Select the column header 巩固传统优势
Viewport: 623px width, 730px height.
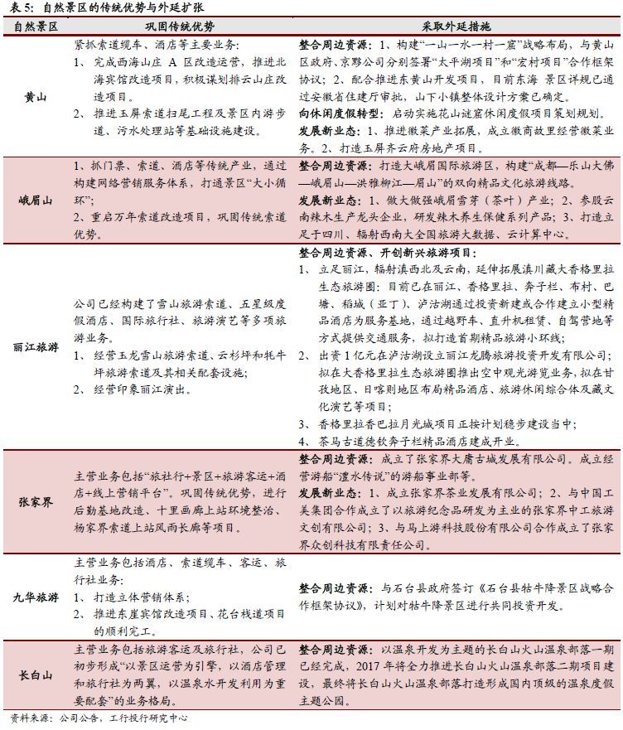point(179,26)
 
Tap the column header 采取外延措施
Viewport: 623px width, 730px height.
point(460,26)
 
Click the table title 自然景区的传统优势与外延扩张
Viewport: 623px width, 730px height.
point(123,7)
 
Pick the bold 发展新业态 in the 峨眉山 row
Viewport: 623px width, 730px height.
point(329,201)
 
